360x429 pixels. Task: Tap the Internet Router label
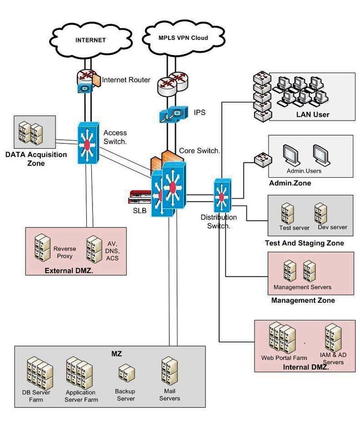tap(126, 80)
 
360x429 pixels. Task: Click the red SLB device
tap(140, 195)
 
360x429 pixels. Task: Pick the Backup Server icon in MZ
tap(126, 374)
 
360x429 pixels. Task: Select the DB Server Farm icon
tap(39, 373)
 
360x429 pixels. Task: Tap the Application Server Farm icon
tap(80, 374)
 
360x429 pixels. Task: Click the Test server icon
tap(288, 212)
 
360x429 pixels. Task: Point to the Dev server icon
tap(320, 212)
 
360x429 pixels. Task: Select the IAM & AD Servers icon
tap(333, 337)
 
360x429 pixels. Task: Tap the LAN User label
tap(313, 115)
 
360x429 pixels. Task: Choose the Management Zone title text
tap(303, 300)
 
